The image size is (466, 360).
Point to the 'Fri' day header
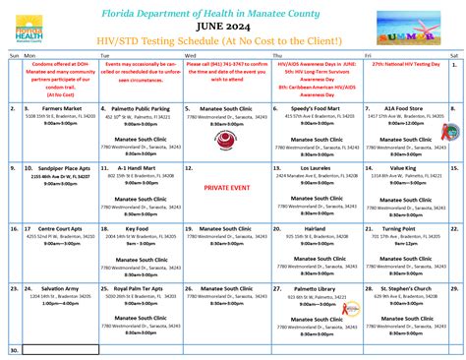(x=368, y=57)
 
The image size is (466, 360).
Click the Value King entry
(x=403, y=168)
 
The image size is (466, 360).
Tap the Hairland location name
(x=315, y=228)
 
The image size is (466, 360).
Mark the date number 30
(x=14, y=349)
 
